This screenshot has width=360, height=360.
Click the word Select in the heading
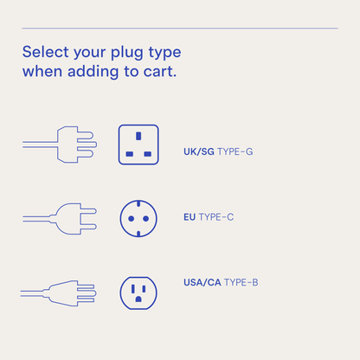pyautogui.click(x=45, y=51)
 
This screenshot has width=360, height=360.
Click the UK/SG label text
pyautogui.click(x=199, y=151)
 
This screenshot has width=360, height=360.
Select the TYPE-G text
pyautogui.click(x=235, y=151)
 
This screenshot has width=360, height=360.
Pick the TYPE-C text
pyautogui.click(x=216, y=217)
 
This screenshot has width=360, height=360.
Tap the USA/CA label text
pyautogui.click(x=202, y=283)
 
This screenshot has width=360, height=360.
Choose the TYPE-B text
pyautogui.click(x=241, y=283)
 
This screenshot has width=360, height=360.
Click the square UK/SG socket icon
pyautogui.click(x=138, y=145)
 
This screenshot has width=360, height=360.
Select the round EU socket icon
pyautogui.click(x=138, y=219)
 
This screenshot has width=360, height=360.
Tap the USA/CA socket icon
pyautogui.click(x=138, y=292)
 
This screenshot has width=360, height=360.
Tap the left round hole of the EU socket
pyautogui.click(x=131, y=219)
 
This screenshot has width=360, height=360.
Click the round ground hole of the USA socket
pyautogui.click(x=138, y=300)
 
